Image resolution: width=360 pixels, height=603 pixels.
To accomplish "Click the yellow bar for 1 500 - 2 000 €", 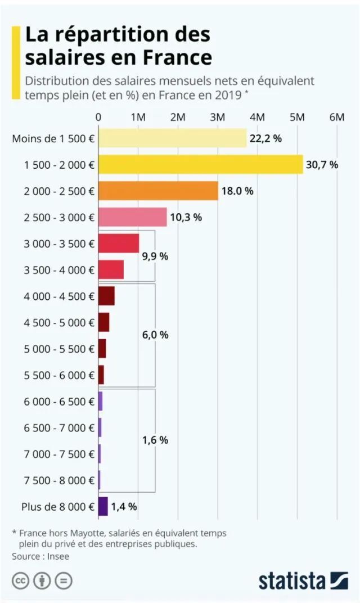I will point(200,164).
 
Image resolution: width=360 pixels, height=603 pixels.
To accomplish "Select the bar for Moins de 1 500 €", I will point(172,138).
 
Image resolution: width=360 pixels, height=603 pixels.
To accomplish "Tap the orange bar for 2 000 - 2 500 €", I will point(158,191).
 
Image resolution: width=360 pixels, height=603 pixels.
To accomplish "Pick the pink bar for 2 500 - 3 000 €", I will point(132,217).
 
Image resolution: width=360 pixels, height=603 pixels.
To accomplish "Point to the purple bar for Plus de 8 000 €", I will point(103,506).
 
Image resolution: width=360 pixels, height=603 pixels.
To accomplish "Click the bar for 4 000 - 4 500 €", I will point(106,296).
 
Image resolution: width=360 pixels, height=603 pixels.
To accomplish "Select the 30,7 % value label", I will point(322,164).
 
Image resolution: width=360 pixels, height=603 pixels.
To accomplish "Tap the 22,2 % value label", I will point(265,138).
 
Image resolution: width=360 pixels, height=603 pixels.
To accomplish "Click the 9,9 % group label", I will point(155,256).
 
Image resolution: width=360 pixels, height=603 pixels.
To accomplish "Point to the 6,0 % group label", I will point(155,335).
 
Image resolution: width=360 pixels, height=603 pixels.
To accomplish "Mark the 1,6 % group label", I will point(155,440).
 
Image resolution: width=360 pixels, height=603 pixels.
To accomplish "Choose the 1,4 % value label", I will point(124,506).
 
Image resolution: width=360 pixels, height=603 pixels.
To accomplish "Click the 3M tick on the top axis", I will point(218,116).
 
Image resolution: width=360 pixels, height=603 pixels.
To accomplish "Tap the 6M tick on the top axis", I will point(337,116).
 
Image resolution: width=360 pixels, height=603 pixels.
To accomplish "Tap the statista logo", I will point(303,580).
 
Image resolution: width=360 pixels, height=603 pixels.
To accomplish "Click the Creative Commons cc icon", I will point(21,580).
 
